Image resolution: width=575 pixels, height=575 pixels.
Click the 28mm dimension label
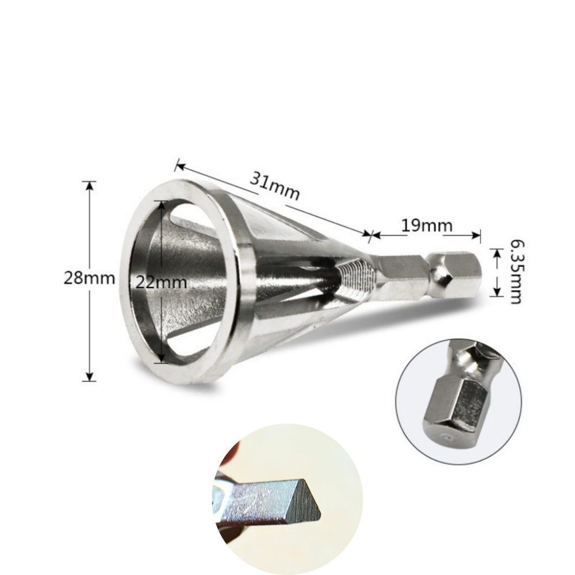tap(90, 278)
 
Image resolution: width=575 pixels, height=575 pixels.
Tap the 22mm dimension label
tap(162, 282)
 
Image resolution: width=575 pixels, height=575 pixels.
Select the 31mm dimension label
tap(275, 186)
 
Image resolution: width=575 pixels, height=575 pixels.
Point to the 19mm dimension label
tap(427, 225)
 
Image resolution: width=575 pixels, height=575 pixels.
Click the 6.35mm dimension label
tap(517, 272)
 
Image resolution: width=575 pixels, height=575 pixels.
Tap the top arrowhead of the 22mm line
tap(162, 205)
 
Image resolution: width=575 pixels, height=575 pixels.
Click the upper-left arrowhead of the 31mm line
tap(179, 166)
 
